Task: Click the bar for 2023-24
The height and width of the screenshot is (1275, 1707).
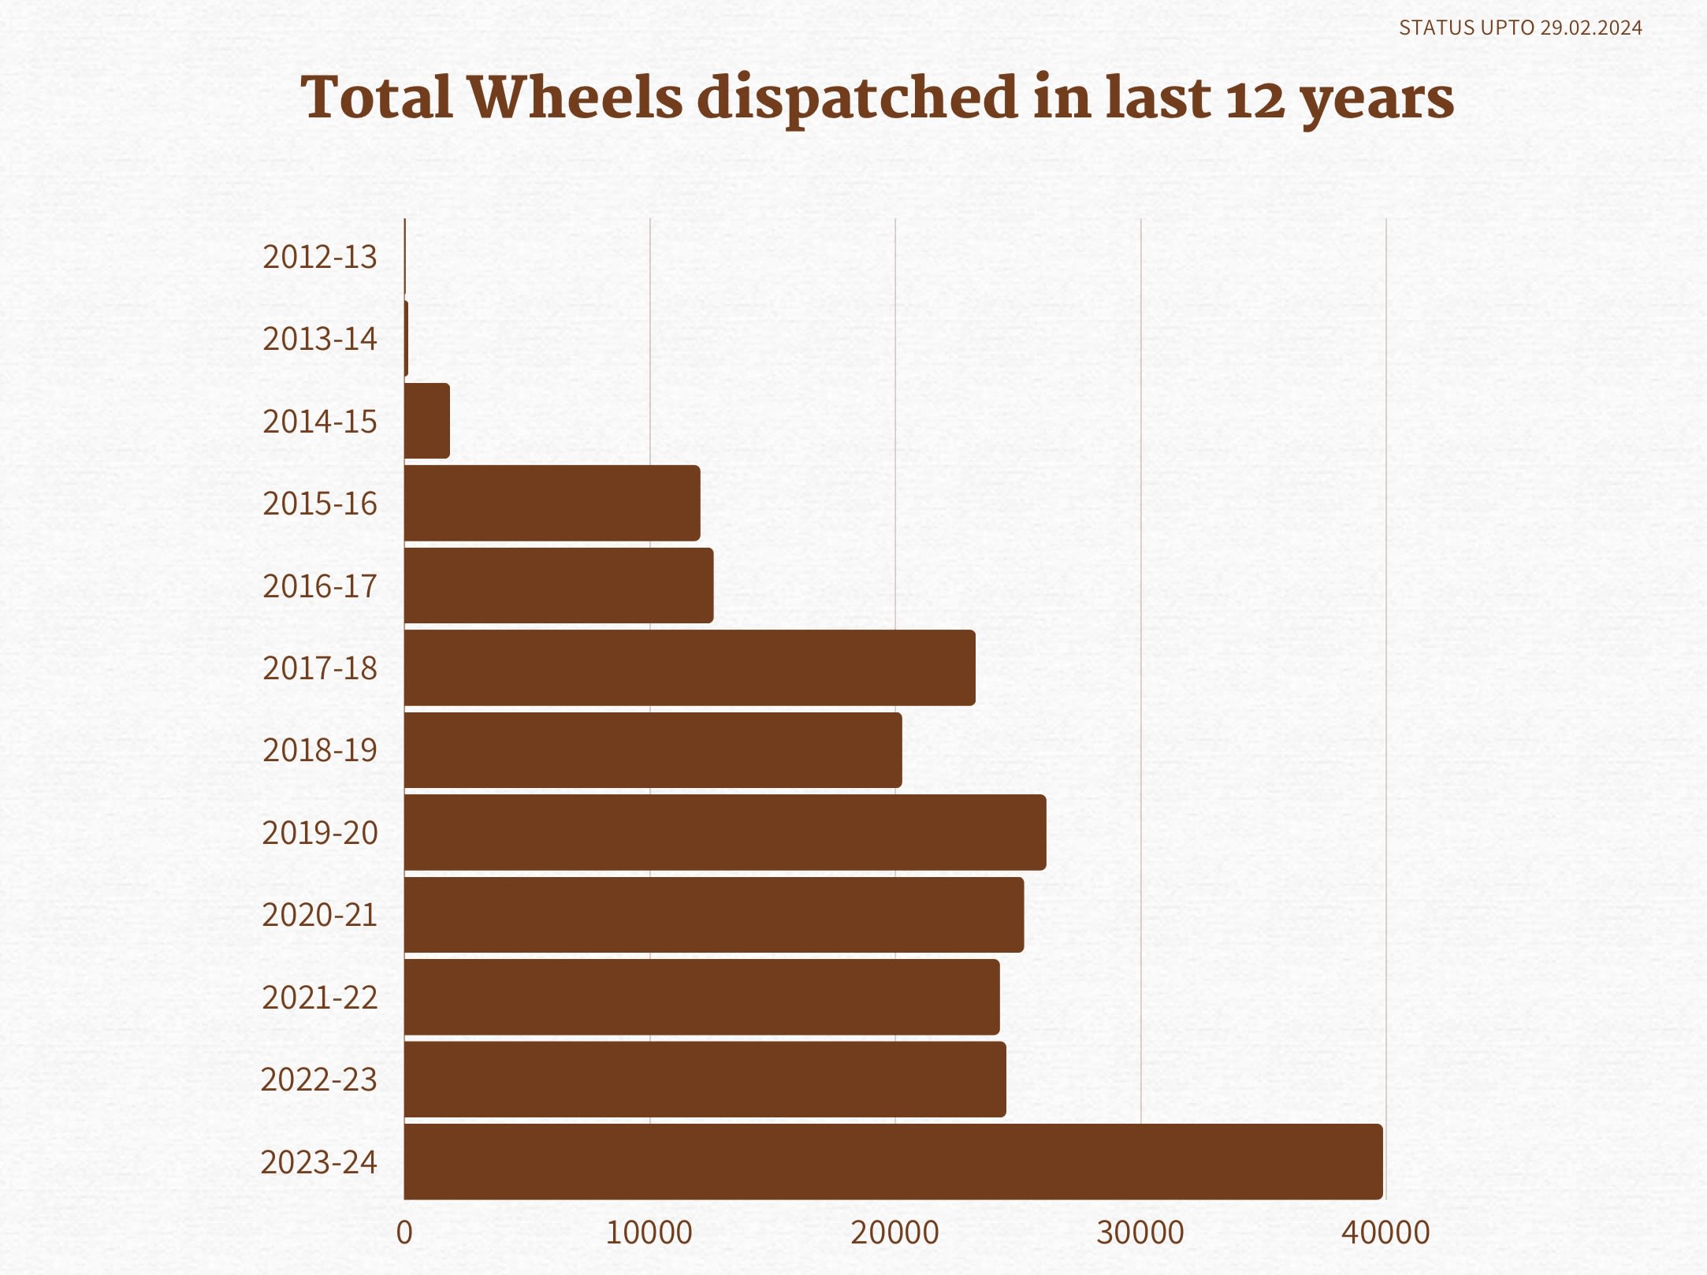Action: pyautogui.click(x=893, y=1162)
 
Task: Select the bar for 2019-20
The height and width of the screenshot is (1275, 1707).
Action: pyautogui.click(x=725, y=832)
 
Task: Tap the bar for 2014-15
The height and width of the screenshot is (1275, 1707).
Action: pyautogui.click(x=427, y=421)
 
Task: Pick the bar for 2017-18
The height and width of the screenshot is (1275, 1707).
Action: pyautogui.click(x=690, y=667)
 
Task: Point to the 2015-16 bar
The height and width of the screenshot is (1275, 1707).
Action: pyautogui.click(x=552, y=503)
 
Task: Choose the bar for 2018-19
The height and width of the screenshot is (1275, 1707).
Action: pyautogui.click(x=653, y=749)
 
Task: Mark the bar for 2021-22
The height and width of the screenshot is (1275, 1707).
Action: pyautogui.click(x=701, y=997)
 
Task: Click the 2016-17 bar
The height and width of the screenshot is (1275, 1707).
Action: pyautogui.click(x=559, y=585)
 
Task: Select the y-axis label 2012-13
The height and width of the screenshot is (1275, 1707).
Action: pyautogui.click(x=320, y=258)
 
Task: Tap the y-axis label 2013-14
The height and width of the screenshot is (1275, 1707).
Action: pyautogui.click(x=320, y=339)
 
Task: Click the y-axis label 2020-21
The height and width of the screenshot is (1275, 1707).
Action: pyautogui.click(x=320, y=915)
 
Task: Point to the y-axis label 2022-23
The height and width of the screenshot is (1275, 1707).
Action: pyautogui.click(x=319, y=1080)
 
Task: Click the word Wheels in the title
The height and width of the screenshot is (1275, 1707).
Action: pyautogui.click(x=575, y=98)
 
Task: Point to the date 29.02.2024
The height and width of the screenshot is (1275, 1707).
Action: pyautogui.click(x=1591, y=28)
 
